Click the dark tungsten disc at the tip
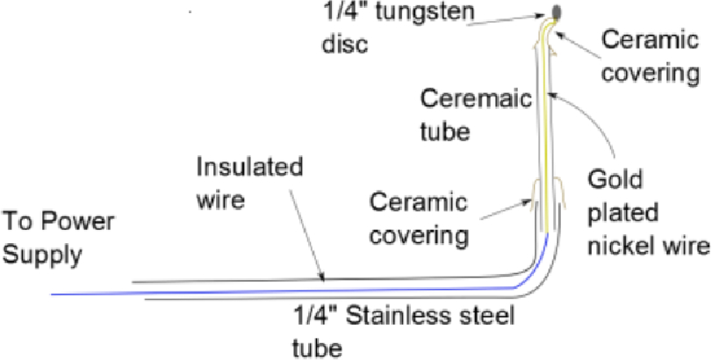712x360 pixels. click(558, 10)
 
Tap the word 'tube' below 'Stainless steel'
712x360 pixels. click(317, 346)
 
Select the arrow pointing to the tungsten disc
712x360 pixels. click(509, 20)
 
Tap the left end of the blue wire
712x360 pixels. click(54, 293)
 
